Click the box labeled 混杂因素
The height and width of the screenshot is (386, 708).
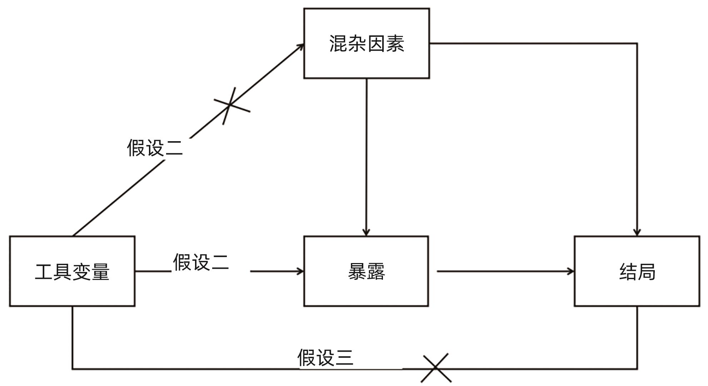click(367, 43)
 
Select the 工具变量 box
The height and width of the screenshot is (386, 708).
click(72, 271)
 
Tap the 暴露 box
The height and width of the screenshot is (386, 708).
click(366, 271)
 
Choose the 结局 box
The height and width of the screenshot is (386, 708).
click(637, 271)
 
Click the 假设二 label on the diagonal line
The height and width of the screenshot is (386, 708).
click(155, 148)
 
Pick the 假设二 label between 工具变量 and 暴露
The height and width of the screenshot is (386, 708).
click(201, 262)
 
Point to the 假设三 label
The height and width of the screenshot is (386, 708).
click(325, 357)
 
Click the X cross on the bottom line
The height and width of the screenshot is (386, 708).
click(436, 368)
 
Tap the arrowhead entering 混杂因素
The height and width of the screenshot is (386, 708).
click(302, 45)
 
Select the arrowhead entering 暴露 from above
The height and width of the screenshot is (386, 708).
click(366, 233)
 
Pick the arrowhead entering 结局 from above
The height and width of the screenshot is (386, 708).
click(637, 233)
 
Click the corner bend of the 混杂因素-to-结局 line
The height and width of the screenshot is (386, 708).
click(637, 44)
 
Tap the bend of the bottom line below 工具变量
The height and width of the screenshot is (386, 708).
click(73, 368)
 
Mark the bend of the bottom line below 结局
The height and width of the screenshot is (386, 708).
click(637, 368)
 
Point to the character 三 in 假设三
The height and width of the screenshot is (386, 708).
click(344, 357)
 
